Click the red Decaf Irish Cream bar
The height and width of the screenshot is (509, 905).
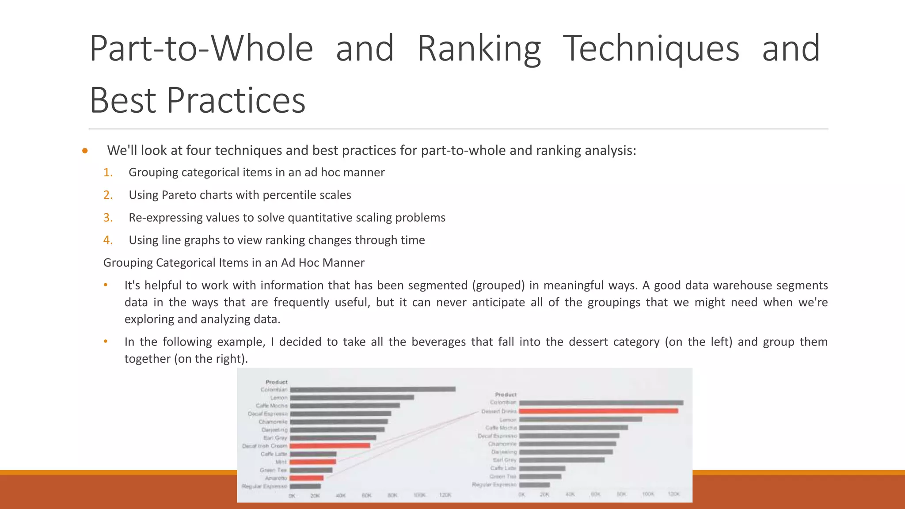coord(330,446)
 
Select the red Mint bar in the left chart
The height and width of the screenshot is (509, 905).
coord(313,462)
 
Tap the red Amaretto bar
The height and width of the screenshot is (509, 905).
coord(307,478)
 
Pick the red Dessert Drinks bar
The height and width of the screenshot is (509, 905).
coord(598,411)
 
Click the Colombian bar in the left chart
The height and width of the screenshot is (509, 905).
coord(373,389)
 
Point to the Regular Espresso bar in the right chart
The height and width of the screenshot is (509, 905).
coord(534,485)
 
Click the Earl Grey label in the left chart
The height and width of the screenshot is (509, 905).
coord(275,438)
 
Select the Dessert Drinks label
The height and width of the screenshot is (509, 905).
coord(499,411)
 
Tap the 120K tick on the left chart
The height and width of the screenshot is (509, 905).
coord(445,495)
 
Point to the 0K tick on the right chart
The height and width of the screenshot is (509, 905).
coord(522,494)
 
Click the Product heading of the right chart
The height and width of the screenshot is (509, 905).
coord(506,395)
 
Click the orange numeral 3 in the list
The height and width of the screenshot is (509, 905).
coord(107,218)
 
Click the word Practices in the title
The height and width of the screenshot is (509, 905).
coord(236,100)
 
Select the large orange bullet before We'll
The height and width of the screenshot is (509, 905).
coord(85,151)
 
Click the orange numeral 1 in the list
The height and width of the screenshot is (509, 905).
coord(107,172)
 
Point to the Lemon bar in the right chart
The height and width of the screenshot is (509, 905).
coord(580,419)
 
